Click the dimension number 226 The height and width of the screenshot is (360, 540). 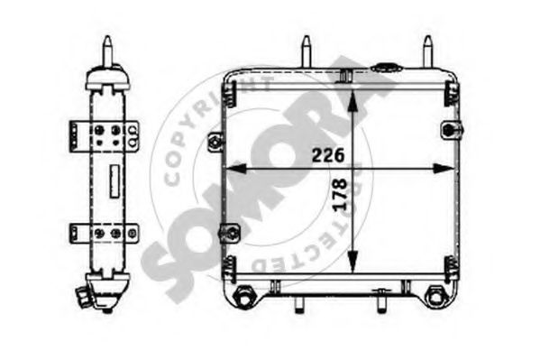tap(327, 155)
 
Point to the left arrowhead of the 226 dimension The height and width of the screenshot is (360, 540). tap(228, 168)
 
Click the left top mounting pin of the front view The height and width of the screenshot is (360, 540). tap(306, 49)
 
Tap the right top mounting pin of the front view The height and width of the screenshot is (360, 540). tap(427, 49)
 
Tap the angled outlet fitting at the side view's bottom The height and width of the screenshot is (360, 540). tap(87, 294)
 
